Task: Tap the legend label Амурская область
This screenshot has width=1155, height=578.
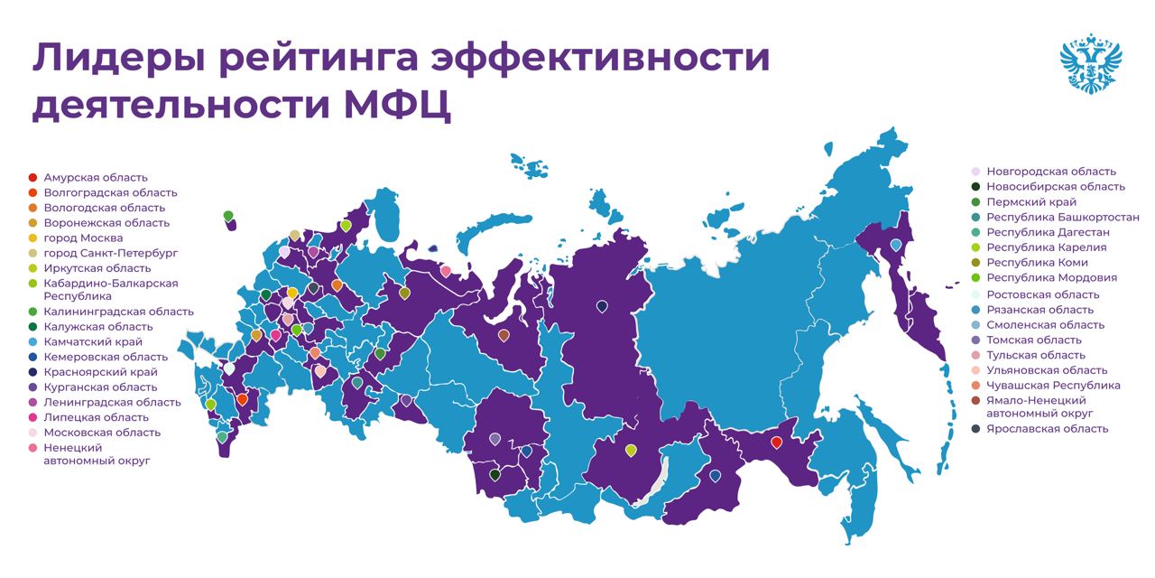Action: [95, 177]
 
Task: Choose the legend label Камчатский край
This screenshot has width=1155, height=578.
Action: [92, 342]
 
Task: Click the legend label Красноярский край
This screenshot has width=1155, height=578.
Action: [100, 372]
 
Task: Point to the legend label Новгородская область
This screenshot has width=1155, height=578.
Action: [1050, 171]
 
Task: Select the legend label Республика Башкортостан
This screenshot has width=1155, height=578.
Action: [1062, 217]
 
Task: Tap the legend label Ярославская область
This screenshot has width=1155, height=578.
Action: [1047, 429]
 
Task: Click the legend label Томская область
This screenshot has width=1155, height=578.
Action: [1034, 340]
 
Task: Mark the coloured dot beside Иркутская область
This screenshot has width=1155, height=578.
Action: [33, 268]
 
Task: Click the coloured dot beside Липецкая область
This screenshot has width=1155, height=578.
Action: [33, 417]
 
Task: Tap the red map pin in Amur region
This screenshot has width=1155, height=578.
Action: [776, 442]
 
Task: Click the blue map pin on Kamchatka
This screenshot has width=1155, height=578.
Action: [895, 244]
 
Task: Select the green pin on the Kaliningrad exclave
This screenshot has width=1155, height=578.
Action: [228, 215]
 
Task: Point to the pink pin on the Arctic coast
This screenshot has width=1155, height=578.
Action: [445, 270]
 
